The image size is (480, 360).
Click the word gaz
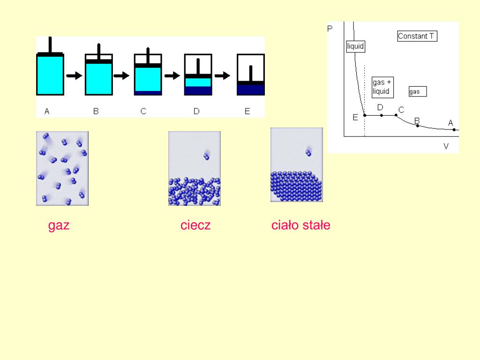pos(59,225)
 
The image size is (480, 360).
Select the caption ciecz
pos(195,225)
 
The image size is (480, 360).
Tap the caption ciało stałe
pos(300,225)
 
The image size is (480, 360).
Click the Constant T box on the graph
pos(417,36)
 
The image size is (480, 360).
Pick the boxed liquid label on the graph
pos(355,47)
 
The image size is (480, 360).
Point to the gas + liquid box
pos(382,87)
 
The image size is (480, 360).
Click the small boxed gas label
pos(417,91)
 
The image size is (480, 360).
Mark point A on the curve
pos(454,129)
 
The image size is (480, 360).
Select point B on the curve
pos(418,125)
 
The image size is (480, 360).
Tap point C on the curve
pos(396,115)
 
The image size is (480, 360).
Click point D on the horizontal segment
pos(381,115)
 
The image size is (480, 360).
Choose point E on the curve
pos(365,115)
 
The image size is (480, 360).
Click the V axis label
pos(446,146)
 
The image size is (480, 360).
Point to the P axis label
pos(330,29)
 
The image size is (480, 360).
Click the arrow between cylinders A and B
pos(74,75)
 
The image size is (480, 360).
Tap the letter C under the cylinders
pos(143,112)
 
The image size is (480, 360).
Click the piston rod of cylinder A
pos(50,45)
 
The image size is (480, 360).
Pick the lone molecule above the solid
pos(308,151)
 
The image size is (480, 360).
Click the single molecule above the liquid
pos(206,156)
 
